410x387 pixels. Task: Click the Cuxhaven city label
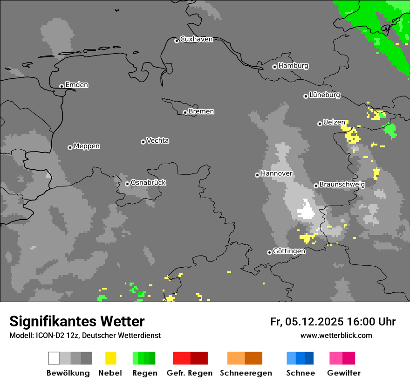coord(196,39)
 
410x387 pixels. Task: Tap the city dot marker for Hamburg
coord(274,67)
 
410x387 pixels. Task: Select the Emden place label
coord(76,85)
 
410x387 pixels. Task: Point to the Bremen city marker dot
coord(185,112)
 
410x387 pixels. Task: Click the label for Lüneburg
coord(324,95)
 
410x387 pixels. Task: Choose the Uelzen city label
coord(334,122)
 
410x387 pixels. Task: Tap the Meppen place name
coord(87,146)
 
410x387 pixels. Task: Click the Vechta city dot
coord(143,142)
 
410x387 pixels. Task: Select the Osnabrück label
coord(148,182)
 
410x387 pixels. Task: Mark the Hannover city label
coord(276,173)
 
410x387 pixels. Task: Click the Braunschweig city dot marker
coord(316,186)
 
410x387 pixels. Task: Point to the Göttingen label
coord(289,251)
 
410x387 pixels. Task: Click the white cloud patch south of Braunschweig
coord(307,210)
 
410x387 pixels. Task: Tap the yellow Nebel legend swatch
coord(110,358)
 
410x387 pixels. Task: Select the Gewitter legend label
coord(344,373)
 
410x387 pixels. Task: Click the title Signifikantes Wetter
coord(77,321)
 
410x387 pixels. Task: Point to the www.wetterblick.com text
coord(336,335)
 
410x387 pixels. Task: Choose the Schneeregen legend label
coord(246,373)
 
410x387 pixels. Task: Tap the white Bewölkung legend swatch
coord(54,358)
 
